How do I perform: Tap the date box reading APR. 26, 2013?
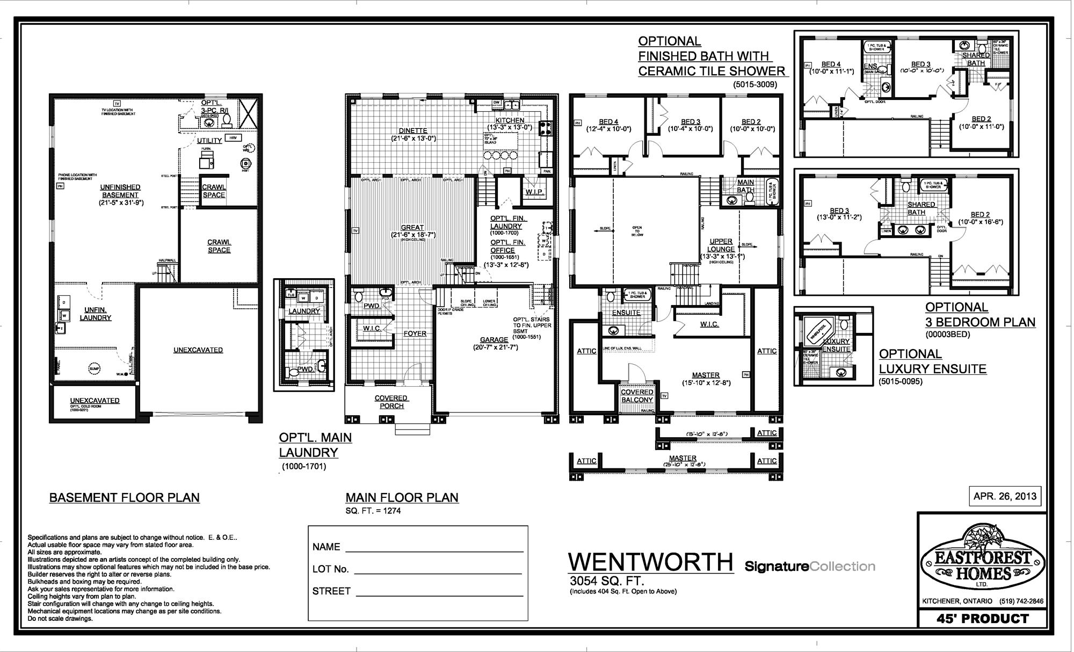click(1005, 496)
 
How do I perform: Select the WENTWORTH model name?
click(651, 562)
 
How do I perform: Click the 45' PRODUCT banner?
click(982, 619)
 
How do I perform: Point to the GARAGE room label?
click(494, 339)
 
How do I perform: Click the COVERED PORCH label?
click(391, 402)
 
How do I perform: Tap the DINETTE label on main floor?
click(413, 131)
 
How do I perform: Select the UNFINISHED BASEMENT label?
click(120, 191)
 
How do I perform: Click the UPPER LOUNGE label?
click(721, 245)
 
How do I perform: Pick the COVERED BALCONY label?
click(637, 396)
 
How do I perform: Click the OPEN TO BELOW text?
click(636, 231)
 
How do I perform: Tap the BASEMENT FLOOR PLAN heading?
click(125, 498)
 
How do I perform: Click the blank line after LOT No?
click(438, 570)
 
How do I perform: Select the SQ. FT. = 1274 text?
click(373, 511)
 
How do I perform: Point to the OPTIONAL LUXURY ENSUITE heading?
click(933, 361)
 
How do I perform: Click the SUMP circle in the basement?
click(95, 368)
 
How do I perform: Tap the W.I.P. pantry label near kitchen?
click(535, 192)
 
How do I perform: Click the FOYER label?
click(415, 334)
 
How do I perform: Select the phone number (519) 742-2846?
click(1021, 602)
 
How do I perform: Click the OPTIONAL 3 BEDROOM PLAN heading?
click(980, 315)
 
